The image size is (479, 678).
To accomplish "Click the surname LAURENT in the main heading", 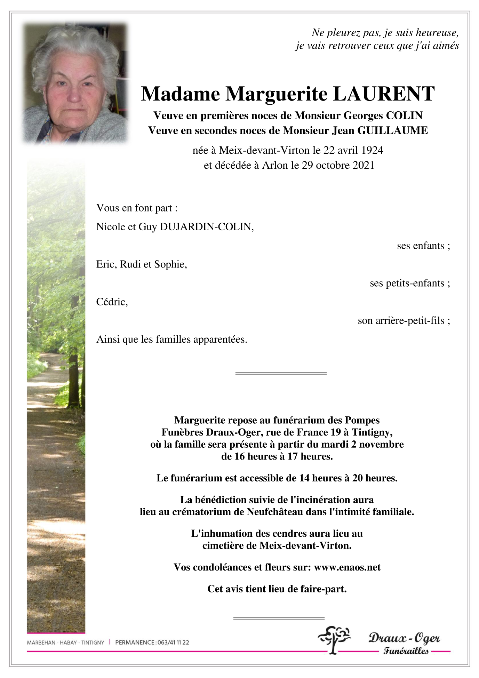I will (x=384, y=94).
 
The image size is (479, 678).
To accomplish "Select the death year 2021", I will (x=362, y=165).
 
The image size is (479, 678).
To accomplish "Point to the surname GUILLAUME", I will (x=392, y=130).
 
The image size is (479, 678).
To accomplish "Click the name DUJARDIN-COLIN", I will (x=206, y=227).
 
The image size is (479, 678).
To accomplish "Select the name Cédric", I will (x=112, y=302).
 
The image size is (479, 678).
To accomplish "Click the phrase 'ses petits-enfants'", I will (x=408, y=283).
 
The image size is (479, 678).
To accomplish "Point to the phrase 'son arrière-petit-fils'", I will (x=401, y=320).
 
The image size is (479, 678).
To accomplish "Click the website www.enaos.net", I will (x=347, y=567).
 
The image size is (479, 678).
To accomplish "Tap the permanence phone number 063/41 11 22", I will (x=173, y=643).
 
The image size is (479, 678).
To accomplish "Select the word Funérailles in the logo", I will (x=406, y=651).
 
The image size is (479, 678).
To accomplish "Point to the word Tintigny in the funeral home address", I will (x=372, y=432).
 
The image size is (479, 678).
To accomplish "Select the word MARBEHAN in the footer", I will (x=41, y=643).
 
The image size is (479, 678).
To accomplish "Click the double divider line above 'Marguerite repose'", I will (x=281, y=373).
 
